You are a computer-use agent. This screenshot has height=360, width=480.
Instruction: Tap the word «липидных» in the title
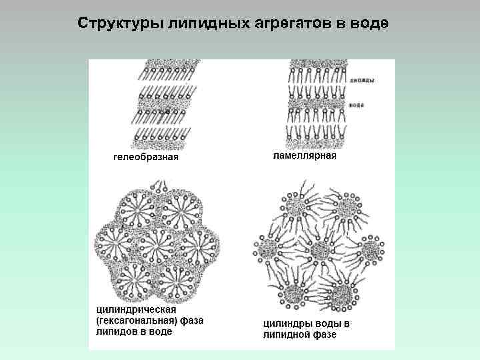pyautogui.click(x=203, y=23)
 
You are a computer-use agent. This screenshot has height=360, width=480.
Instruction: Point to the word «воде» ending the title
pyautogui.click(x=368, y=23)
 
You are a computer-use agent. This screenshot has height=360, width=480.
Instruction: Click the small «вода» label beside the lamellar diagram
pyautogui.click(x=359, y=105)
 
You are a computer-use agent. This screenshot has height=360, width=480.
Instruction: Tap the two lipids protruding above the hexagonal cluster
pyautogui.click(x=158, y=185)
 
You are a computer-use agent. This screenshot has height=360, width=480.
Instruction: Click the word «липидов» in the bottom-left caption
pyautogui.click(x=115, y=331)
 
